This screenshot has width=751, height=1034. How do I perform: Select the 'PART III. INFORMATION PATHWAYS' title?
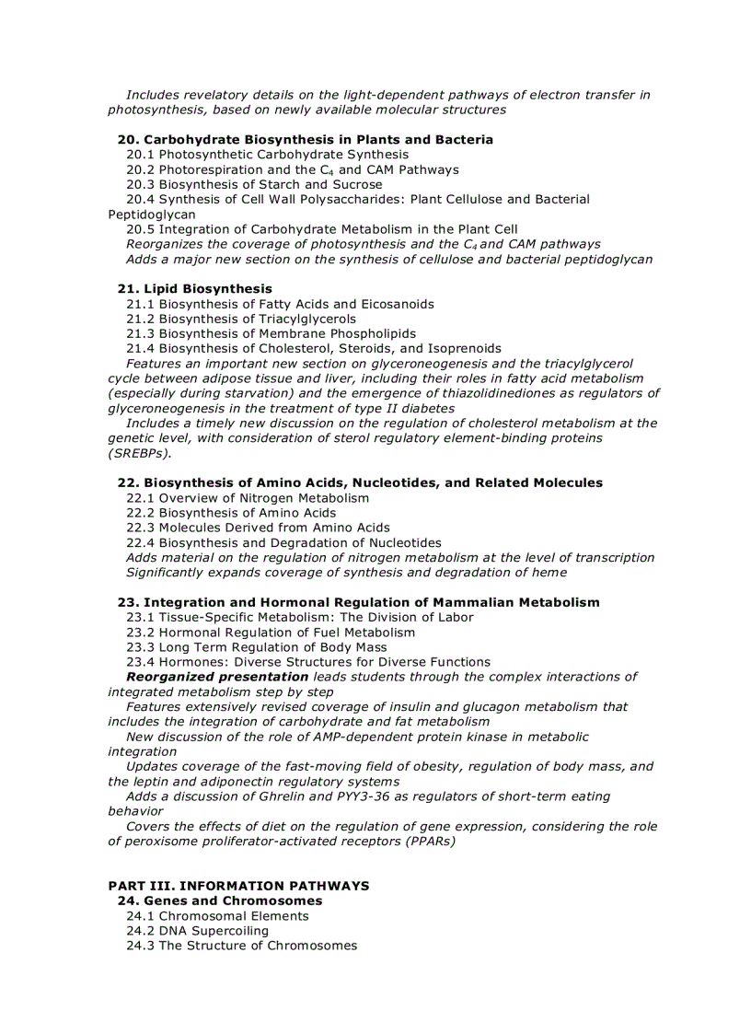click(238, 886)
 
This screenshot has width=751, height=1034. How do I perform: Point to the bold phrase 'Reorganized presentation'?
click(217, 677)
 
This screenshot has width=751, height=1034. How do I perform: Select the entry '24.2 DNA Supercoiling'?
click(197, 931)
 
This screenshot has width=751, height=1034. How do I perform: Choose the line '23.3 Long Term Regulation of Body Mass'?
click(256, 647)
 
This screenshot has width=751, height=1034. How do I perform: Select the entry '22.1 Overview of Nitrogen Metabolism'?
click(248, 498)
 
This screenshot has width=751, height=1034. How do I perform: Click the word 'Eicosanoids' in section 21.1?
click(398, 304)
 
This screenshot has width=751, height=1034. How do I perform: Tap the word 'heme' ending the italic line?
click(549, 573)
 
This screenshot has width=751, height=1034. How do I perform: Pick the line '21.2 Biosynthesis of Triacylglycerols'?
click(241, 319)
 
